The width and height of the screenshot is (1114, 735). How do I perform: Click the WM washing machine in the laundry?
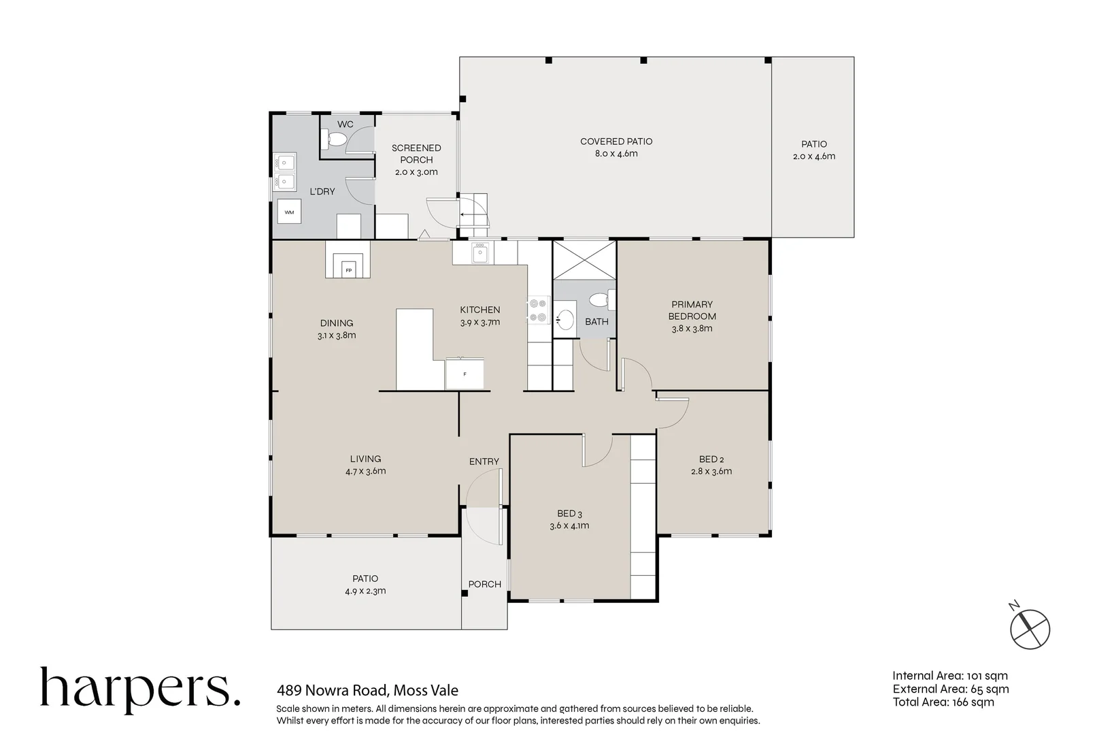289,212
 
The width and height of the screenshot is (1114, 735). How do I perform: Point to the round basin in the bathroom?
565,319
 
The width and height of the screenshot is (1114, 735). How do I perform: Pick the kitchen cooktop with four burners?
539,310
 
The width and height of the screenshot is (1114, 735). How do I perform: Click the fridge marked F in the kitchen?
465,374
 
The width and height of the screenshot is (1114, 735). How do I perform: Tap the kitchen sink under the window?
479,252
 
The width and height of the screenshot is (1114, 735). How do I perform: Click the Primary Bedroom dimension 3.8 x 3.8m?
692,329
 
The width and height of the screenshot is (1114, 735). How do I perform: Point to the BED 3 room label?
569,513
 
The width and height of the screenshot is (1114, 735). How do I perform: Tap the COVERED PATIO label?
616,142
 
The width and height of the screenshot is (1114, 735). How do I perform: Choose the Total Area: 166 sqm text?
943,702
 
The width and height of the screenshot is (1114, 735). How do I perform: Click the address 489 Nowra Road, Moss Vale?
367,690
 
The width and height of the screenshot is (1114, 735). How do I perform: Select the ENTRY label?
484,461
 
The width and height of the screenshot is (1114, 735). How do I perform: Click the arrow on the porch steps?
467,215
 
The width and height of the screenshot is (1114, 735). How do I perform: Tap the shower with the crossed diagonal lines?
584,260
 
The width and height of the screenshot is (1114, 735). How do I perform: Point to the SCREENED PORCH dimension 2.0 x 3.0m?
416,172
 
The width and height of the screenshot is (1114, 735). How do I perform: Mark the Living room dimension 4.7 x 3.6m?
365,471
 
